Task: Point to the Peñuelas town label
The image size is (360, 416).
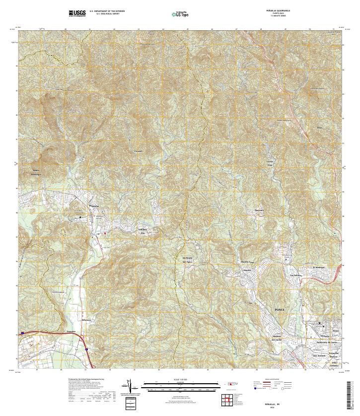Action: pos(94,205)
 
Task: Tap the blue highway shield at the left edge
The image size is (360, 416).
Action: pos(22,334)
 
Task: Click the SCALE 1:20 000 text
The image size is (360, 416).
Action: pos(181,380)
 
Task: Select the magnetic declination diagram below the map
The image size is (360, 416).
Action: pos(130,386)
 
